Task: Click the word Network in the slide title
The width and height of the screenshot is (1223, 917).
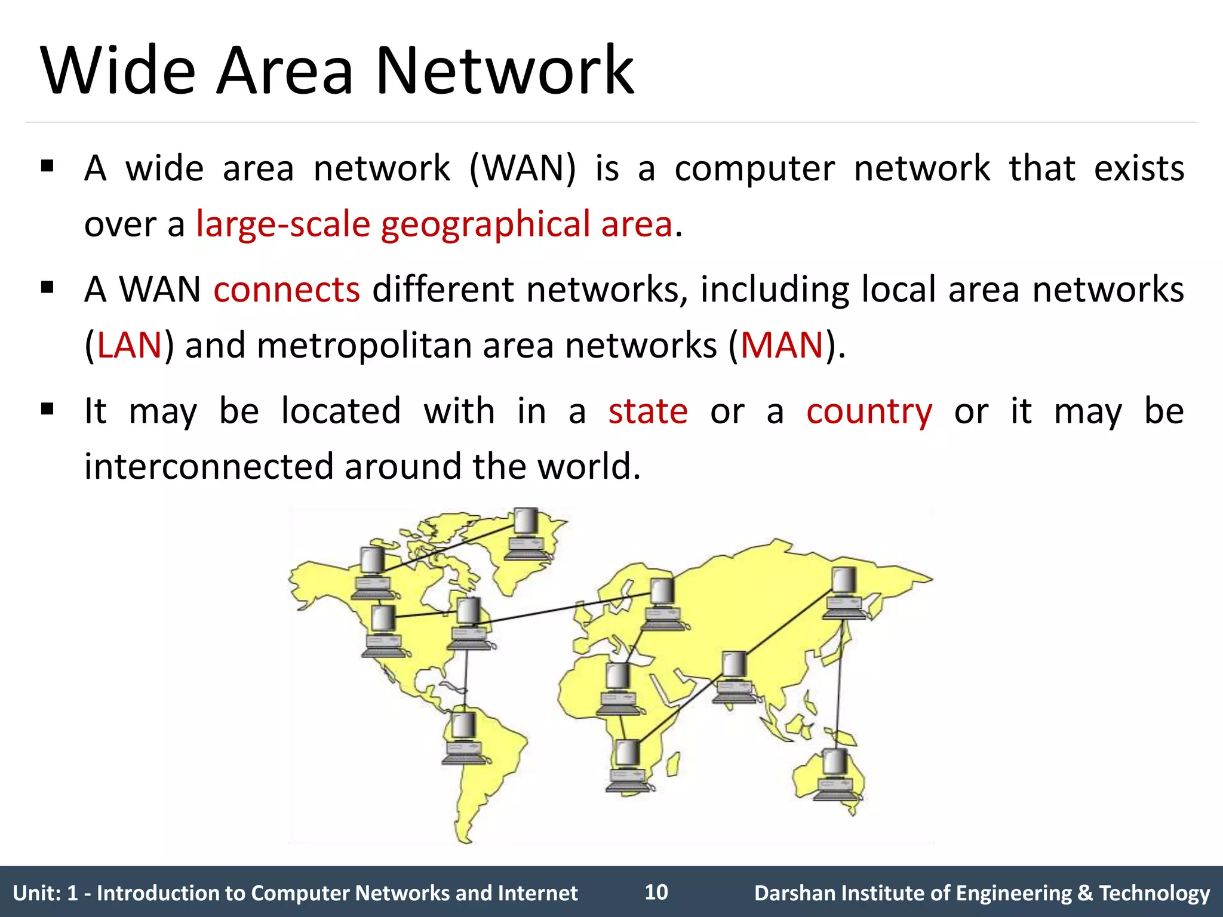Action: pos(505,72)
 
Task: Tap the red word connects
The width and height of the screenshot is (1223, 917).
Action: pos(287,290)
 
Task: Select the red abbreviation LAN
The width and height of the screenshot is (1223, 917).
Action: pos(129,346)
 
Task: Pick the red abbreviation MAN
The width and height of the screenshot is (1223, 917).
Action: pos(782,346)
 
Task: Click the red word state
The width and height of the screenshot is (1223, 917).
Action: pos(648,411)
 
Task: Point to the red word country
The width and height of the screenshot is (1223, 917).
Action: pos(869,413)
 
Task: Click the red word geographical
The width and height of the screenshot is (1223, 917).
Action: pos(485,226)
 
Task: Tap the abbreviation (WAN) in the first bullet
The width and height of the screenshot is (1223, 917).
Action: pos(523,168)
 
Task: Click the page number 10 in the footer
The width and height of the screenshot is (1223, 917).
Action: pos(656,892)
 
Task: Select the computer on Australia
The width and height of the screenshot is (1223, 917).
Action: pos(837,774)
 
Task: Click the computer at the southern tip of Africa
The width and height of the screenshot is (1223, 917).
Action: pos(628,765)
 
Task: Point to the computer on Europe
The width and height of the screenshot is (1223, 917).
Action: pos(662,604)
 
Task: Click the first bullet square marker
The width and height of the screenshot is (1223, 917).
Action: pos(47,166)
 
